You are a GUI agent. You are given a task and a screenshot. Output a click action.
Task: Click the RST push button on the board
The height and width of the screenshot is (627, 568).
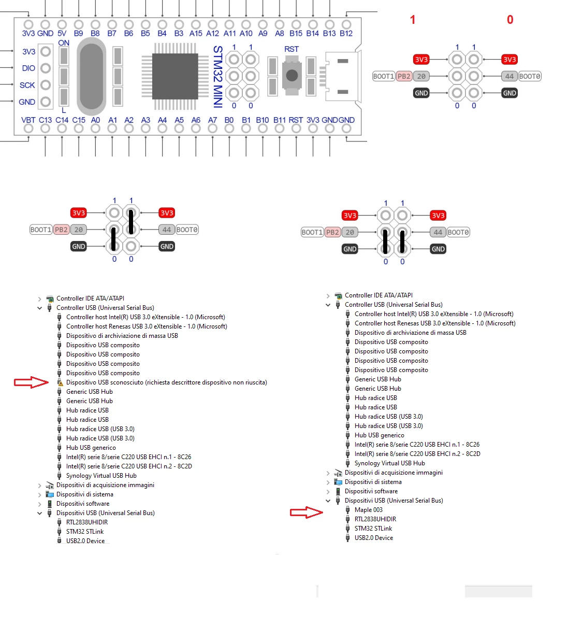click(x=292, y=75)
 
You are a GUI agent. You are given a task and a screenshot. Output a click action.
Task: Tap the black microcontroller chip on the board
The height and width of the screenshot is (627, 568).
click(x=175, y=76)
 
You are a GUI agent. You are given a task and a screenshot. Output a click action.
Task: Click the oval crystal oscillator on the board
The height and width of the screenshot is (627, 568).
click(x=91, y=76)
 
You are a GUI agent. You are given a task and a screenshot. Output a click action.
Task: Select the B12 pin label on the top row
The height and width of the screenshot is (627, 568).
click(x=346, y=34)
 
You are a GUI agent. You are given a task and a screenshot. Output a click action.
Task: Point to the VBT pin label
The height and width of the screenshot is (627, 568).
click(x=28, y=120)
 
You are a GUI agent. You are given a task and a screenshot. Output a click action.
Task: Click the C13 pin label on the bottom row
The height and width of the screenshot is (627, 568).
click(x=45, y=120)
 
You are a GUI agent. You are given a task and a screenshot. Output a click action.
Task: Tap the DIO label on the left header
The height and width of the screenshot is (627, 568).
click(x=28, y=68)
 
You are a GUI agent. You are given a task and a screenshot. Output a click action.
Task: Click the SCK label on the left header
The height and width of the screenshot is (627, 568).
click(x=27, y=85)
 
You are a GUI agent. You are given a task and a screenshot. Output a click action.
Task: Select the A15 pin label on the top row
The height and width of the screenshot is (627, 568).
click(x=196, y=34)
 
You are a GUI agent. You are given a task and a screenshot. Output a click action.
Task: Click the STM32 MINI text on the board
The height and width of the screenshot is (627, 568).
click(x=218, y=77)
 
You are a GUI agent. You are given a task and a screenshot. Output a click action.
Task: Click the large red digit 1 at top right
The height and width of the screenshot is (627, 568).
click(x=413, y=20)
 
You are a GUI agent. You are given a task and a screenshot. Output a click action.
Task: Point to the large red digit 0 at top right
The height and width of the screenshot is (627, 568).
click(x=510, y=20)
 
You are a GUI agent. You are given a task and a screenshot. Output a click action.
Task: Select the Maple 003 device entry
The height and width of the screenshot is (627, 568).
click(x=368, y=510)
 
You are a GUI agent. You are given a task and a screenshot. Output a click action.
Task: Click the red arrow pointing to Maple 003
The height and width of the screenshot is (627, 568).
click(x=306, y=512)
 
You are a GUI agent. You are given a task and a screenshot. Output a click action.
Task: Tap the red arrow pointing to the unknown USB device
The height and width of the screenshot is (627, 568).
click(x=31, y=382)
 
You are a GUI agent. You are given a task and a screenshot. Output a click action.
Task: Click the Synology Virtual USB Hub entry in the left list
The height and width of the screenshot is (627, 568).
click(x=101, y=476)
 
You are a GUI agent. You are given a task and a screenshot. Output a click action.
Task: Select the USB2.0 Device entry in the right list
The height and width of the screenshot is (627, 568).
click(x=374, y=538)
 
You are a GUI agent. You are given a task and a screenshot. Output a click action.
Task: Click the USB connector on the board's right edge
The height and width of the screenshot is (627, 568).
click(x=343, y=76)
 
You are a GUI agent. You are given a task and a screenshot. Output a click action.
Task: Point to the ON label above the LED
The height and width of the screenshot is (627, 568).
click(x=64, y=43)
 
